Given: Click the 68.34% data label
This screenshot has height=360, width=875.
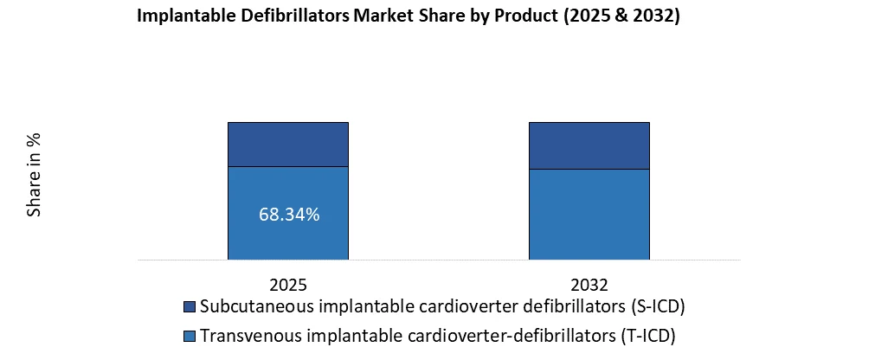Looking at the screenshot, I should click(x=289, y=215).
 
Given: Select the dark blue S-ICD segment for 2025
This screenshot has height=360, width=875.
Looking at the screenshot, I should click(x=287, y=144).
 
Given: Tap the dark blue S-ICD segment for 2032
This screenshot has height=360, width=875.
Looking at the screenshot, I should click(x=589, y=145).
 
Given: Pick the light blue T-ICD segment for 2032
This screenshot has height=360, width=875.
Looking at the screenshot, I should click(x=589, y=214).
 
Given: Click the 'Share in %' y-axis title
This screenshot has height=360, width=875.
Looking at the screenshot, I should click(x=35, y=175).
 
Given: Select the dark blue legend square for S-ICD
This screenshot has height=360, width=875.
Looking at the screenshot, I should click(x=190, y=307).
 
